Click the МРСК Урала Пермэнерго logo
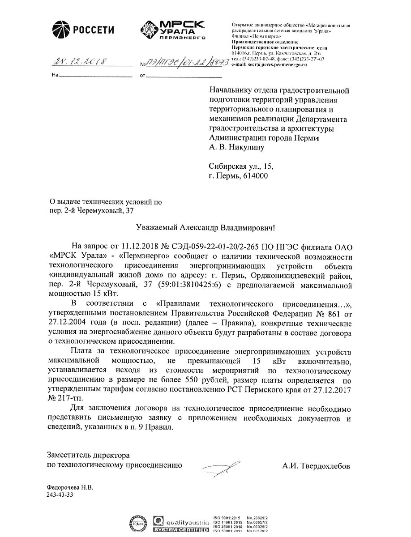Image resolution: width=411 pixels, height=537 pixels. coord(172,30)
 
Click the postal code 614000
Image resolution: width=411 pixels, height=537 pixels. coord(256,177)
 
